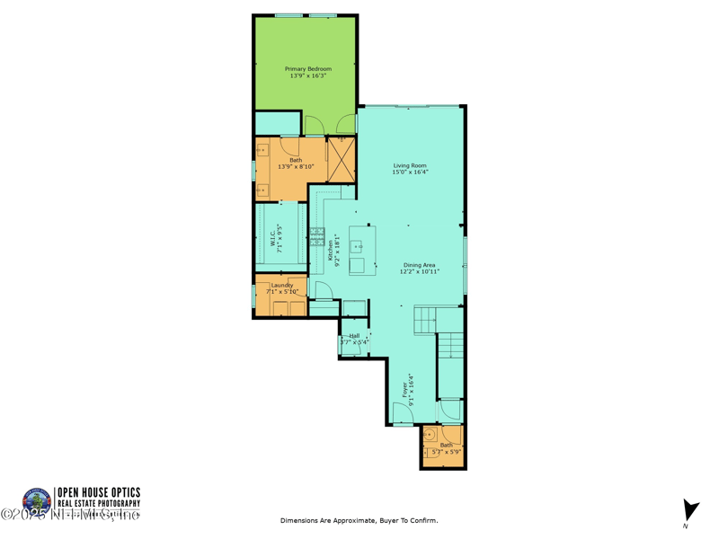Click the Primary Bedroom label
(x=307, y=69)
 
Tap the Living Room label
(x=410, y=165)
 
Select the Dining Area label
(x=419, y=265)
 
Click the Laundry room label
(x=282, y=286)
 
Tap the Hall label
(x=354, y=336)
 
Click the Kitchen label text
(x=331, y=250)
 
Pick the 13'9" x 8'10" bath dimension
(x=296, y=167)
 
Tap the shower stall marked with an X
(x=341, y=159)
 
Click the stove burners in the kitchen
(x=317, y=237)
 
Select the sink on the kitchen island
(x=358, y=245)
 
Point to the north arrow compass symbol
(x=689, y=510)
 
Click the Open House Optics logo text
(x=98, y=492)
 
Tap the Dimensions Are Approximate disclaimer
(x=359, y=521)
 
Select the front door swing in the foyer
(x=402, y=414)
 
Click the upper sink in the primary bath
(x=262, y=151)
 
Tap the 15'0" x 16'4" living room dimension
(x=410, y=172)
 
